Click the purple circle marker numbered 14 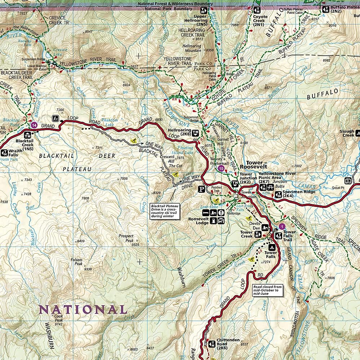(34, 125)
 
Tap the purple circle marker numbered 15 (221, 168)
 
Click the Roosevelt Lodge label (198, 221)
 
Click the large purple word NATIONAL (83, 309)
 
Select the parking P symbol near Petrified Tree (203, 188)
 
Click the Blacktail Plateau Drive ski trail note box (165, 211)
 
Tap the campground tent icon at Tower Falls (272, 247)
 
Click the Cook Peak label (59, 318)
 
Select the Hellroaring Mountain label (192, 48)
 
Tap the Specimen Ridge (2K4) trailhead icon (278, 195)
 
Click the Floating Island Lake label (183, 150)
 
